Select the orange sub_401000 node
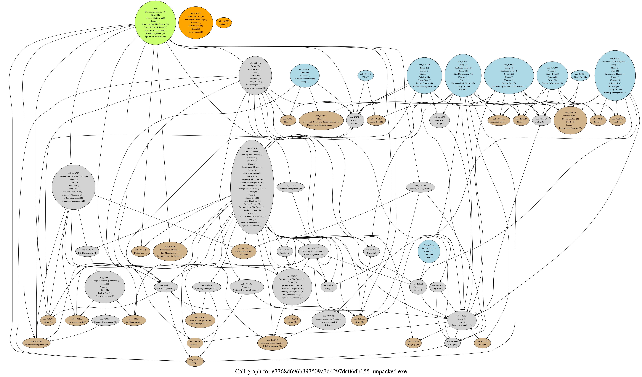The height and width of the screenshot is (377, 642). click(196, 23)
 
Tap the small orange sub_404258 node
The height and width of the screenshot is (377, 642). click(224, 23)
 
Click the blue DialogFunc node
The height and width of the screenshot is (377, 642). click(429, 251)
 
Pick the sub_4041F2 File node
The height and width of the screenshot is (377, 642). click(366, 76)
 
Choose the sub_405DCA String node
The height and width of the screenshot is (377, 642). click(195, 361)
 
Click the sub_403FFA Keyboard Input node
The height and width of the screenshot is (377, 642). click(499, 120)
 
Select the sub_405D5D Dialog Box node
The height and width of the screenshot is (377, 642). click(376, 120)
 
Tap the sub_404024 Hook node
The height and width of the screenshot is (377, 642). click(288, 120)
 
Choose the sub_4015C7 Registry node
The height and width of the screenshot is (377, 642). click(438, 287)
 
